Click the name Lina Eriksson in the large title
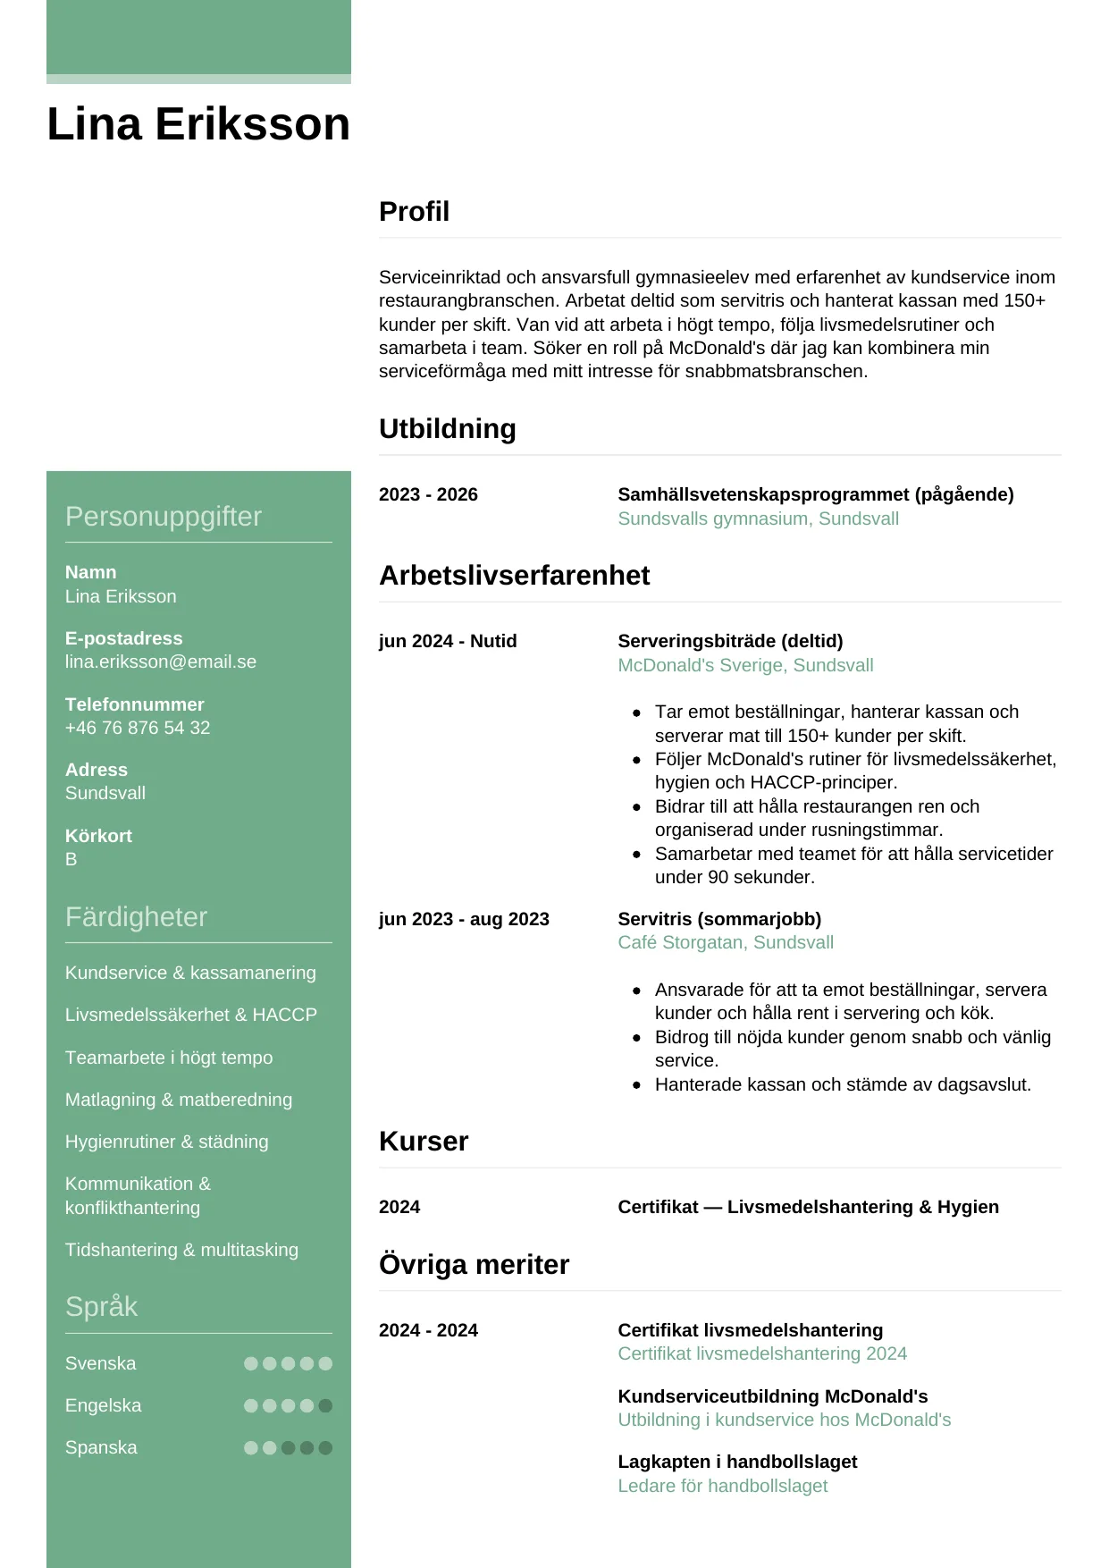[197, 124]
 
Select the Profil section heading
[414, 212]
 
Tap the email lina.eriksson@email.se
[161, 662]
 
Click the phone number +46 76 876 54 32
[138, 728]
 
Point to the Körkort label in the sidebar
[98, 836]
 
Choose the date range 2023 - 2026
[428, 494]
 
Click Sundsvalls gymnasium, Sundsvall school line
[758, 518]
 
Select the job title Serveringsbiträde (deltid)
[730, 641]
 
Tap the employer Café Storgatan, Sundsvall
[726, 942]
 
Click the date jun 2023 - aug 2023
[464, 919]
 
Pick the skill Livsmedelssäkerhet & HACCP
[190, 1015]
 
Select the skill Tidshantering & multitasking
[181, 1250]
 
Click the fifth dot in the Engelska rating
[325, 1405]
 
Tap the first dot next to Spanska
[251, 1447]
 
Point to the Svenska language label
[101, 1363]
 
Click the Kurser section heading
[424, 1142]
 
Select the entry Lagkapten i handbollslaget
[737, 1462]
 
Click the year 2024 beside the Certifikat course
[399, 1207]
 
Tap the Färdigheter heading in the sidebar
[136, 917]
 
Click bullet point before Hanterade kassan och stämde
[636, 1085]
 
